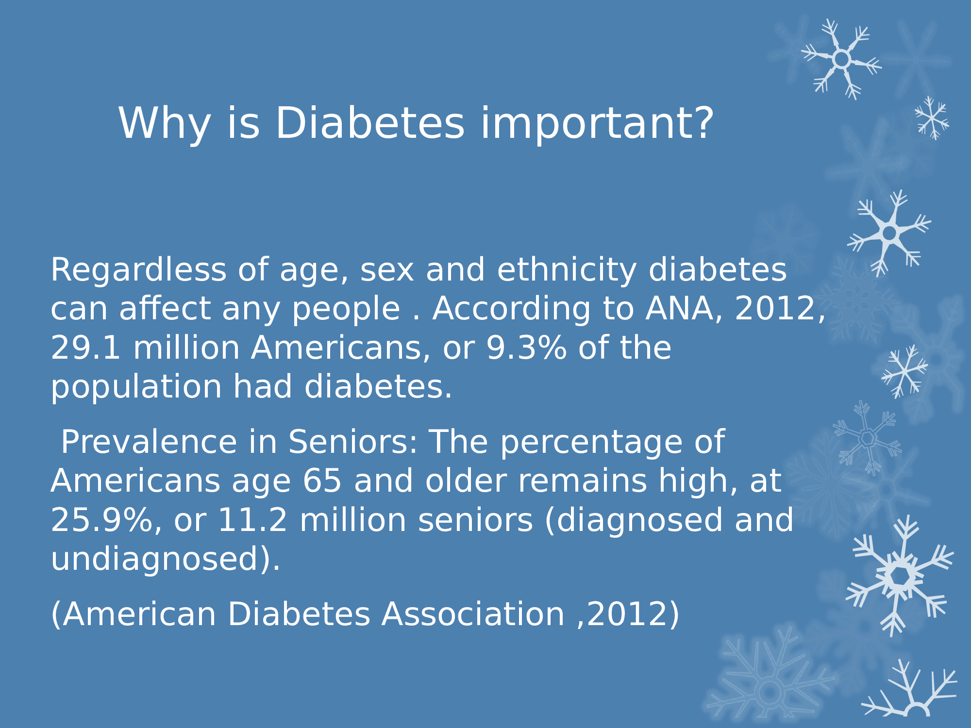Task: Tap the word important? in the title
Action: [598, 124]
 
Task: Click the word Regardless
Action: [138, 269]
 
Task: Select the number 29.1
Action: [85, 348]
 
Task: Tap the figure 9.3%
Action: [526, 348]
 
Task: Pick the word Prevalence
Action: [149, 442]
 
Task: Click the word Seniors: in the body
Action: [353, 442]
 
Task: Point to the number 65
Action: [322, 481]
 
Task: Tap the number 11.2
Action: [252, 520]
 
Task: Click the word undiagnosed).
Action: [166, 560]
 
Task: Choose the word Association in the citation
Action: [473, 614]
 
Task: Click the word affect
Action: [165, 309]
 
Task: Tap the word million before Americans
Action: [186, 348]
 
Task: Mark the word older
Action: [466, 481]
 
